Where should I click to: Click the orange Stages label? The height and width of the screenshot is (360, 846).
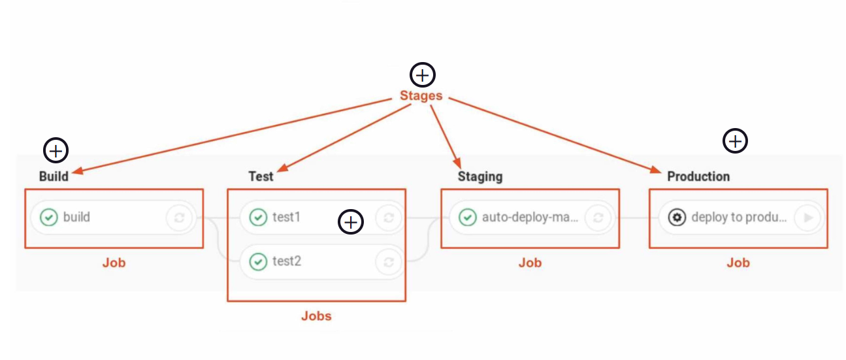(421, 96)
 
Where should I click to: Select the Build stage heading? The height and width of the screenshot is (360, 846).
(54, 176)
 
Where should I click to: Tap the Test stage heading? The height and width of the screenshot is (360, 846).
(261, 176)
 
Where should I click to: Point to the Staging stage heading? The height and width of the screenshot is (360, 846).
(480, 176)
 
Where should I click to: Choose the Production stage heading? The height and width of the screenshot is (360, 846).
(698, 176)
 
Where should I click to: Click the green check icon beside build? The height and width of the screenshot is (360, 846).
(49, 217)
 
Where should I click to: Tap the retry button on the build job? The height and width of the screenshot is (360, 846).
(178, 218)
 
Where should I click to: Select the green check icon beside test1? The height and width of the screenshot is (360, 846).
(259, 217)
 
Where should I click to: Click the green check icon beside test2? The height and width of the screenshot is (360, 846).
(259, 262)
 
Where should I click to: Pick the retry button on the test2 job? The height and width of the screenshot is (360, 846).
(388, 262)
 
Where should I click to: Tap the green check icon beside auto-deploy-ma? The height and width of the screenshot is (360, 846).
(467, 217)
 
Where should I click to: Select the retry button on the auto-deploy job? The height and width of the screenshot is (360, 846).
(597, 218)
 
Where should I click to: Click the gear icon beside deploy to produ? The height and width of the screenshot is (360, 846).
(677, 217)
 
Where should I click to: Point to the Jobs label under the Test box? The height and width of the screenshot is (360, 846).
(316, 316)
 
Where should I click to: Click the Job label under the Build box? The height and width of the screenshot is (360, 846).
(114, 263)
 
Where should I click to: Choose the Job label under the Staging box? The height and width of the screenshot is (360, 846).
(530, 263)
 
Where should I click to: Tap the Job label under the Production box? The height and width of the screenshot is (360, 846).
(738, 263)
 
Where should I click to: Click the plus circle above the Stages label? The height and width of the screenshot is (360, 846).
(422, 75)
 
